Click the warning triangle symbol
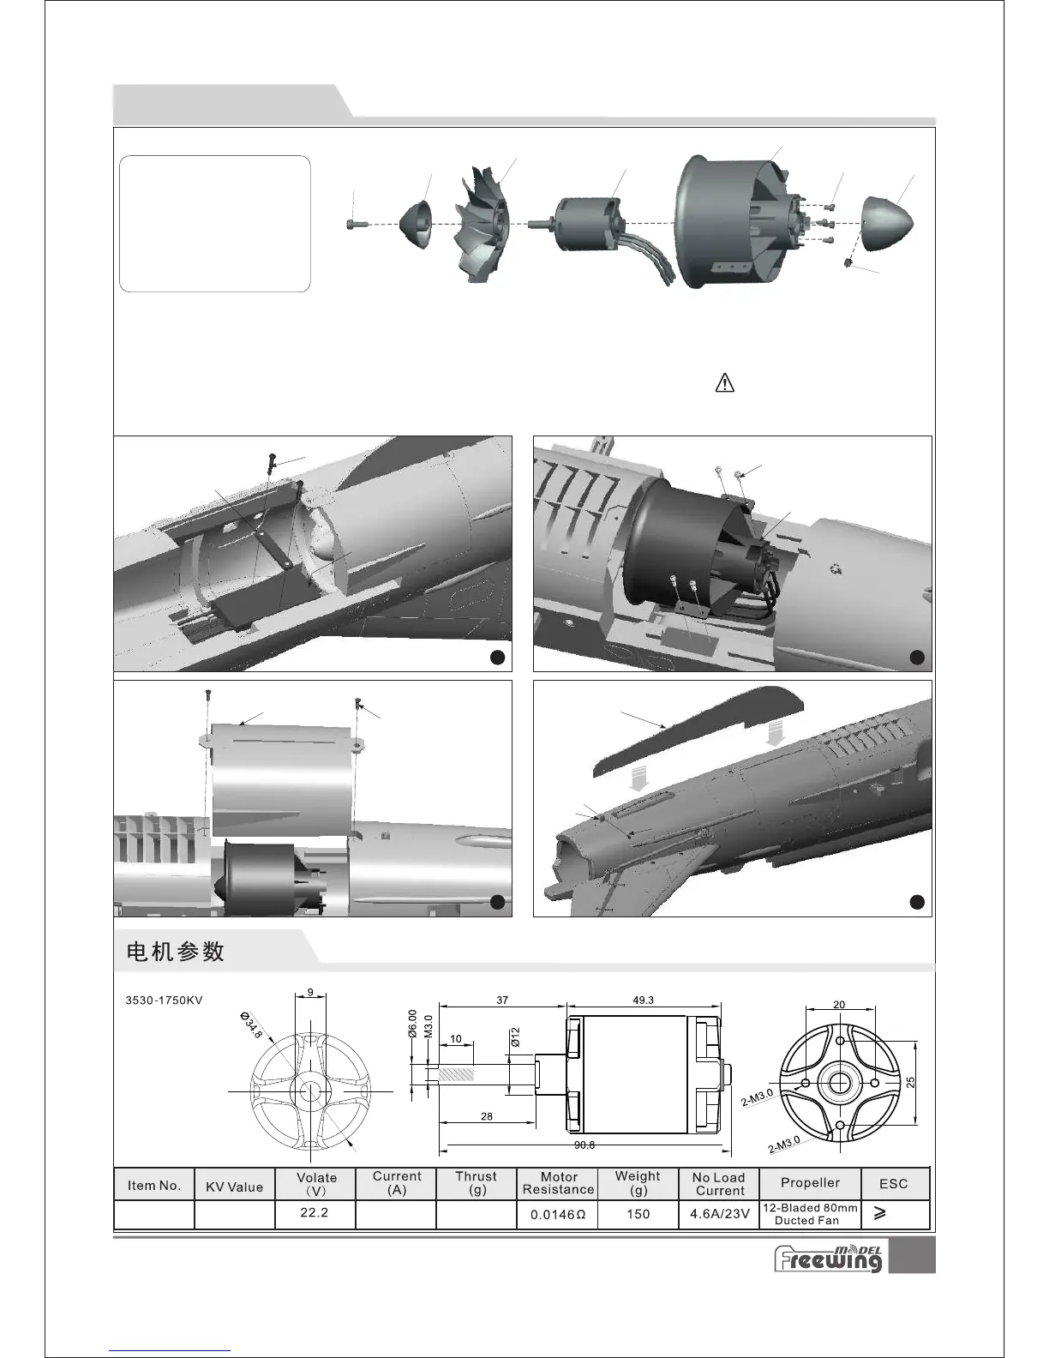724,382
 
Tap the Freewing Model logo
828,1257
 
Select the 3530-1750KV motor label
164,1000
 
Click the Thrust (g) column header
476,1183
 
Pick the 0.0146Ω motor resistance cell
558,1214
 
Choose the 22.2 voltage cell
315,1213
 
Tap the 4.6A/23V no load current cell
719,1214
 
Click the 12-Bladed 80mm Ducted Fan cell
810,1214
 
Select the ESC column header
893,1183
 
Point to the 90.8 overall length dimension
584,1145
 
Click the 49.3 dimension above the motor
643,1000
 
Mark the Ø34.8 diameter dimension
252,1025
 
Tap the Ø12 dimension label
515,1037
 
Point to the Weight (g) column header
638,1183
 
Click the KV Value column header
234,1187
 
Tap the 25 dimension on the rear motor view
910,1083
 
